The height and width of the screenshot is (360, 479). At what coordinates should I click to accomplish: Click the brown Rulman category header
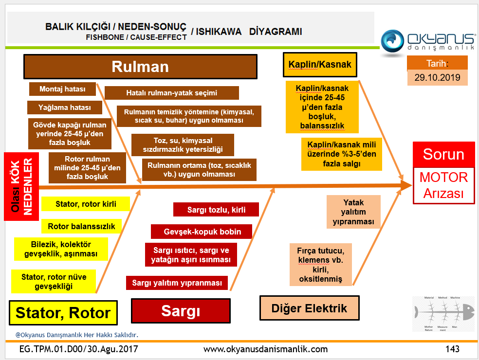[140, 66]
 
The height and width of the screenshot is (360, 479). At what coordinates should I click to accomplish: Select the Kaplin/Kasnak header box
[319, 65]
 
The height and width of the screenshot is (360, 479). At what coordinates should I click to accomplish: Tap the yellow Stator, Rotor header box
[63, 312]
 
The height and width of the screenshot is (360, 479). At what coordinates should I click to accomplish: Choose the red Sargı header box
[181, 311]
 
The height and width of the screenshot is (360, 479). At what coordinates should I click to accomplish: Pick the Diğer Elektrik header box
[309, 308]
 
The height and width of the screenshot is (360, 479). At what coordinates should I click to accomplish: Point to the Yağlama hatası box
[64, 108]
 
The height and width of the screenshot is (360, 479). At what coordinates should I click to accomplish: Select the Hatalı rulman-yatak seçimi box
[171, 93]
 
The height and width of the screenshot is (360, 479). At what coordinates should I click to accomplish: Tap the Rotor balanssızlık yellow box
[81, 226]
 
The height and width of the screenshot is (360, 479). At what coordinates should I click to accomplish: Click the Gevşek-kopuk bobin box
[201, 232]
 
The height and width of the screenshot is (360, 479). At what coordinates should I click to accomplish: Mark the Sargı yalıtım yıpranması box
[177, 283]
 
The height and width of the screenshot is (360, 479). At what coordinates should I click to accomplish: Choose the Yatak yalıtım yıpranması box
[353, 212]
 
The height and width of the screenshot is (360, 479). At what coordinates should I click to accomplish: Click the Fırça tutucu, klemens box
[320, 265]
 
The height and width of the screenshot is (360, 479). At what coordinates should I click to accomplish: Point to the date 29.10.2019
[437, 77]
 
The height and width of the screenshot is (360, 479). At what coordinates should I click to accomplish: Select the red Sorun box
[443, 155]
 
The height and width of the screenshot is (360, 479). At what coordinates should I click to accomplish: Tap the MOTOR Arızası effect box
[443, 185]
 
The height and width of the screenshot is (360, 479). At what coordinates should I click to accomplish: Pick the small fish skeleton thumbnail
[442, 314]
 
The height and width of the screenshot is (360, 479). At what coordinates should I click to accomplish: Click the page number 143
[452, 349]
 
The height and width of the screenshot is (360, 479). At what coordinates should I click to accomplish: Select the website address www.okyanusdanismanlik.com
[265, 349]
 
